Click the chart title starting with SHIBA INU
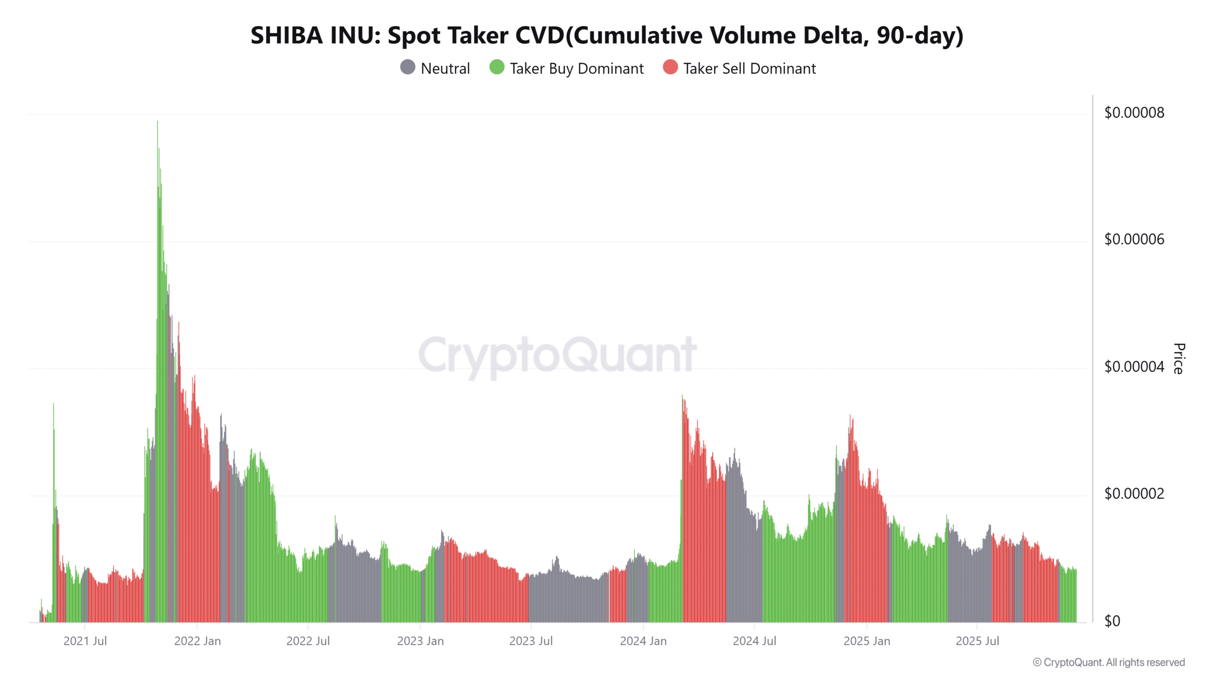[607, 36]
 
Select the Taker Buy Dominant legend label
[576, 69]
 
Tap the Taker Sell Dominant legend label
[749, 69]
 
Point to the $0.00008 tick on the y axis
[1134, 113]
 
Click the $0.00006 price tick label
[1134, 240]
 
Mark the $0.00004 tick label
[1134, 367]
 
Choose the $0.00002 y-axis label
[1134, 494]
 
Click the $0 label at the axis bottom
[1112, 621]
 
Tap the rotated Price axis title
[1178, 359]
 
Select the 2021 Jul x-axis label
[85, 641]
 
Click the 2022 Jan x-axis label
[197, 641]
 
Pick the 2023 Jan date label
[420, 641]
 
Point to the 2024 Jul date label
[754, 641]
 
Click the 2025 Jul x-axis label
[977, 641]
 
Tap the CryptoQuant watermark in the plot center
[557, 354]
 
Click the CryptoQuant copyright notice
[1109, 662]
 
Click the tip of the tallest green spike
[158, 122]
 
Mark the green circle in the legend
[496, 67]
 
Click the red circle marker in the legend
[670, 67]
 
